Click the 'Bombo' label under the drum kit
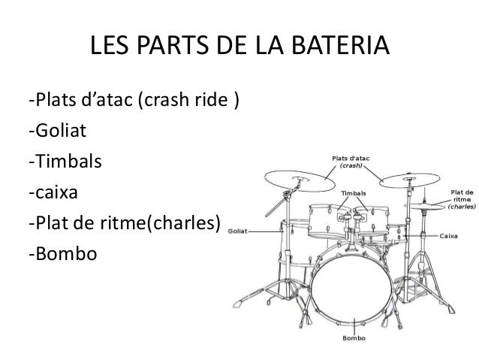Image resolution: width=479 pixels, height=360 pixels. pos(354,337)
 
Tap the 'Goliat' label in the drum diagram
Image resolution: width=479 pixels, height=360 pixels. pos(238,231)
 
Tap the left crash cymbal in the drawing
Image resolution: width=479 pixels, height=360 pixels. pos(300,180)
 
